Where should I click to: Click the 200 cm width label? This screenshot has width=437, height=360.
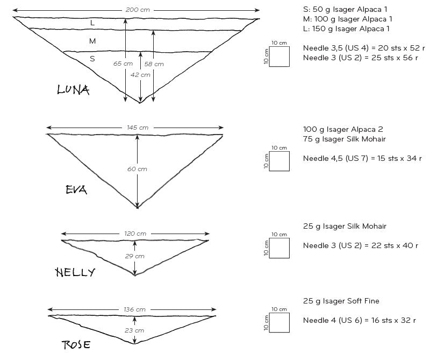(x=138, y=10)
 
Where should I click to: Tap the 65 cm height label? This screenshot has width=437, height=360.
(x=123, y=63)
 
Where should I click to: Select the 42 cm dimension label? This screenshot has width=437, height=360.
(x=140, y=75)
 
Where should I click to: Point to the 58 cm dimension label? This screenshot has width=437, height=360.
(x=154, y=64)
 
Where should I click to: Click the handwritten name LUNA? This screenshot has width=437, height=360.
(x=73, y=89)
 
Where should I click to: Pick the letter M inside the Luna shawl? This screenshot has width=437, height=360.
(x=92, y=41)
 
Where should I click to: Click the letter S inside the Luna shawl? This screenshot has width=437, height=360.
(x=92, y=59)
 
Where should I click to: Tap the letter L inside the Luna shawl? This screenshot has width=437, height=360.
(x=92, y=23)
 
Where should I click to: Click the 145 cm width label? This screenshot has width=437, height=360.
(x=138, y=128)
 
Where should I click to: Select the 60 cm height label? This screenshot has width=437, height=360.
(x=137, y=169)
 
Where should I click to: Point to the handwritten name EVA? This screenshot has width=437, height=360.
(x=76, y=190)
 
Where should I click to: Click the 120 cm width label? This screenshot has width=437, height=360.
(x=135, y=234)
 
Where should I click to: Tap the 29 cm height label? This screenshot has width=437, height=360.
(x=134, y=256)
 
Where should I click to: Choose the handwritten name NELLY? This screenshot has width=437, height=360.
(x=75, y=272)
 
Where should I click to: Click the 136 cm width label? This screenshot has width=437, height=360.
(x=134, y=309)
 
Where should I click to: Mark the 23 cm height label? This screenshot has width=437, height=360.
(x=134, y=330)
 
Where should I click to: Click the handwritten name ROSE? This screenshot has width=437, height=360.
(x=76, y=344)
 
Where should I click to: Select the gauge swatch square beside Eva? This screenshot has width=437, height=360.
(x=280, y=161)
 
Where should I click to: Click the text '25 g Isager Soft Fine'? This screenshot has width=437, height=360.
(x=341, y=301)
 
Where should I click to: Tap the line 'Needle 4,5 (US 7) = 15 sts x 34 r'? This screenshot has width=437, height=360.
(x=362, y=159)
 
